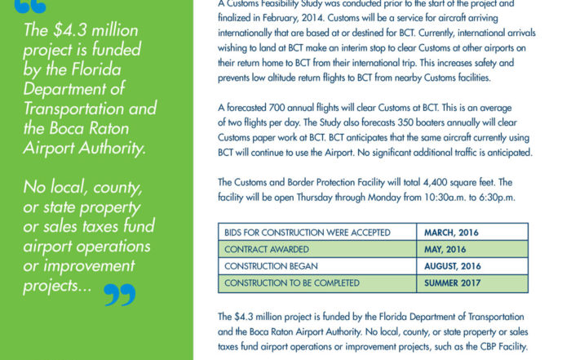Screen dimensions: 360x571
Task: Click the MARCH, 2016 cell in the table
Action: tap(451, 233)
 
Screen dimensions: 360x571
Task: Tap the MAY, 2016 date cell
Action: tap(445, 249)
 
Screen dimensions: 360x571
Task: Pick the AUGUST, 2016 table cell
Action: tap(452, 266)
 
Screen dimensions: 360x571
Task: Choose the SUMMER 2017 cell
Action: tap(455, 282)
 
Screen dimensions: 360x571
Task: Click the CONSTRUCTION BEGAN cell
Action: tap(266, 266)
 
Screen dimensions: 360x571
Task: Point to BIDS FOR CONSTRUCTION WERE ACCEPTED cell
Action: tap(295, 233)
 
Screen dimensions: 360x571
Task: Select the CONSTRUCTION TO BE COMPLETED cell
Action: tap(291, 282)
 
